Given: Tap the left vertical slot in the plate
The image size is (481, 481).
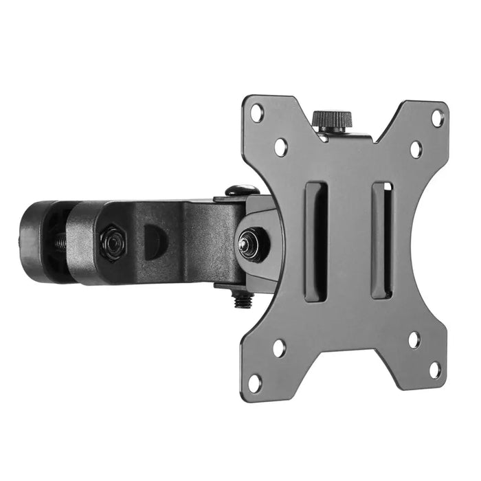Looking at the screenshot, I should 315,240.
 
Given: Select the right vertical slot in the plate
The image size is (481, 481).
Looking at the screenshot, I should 382,240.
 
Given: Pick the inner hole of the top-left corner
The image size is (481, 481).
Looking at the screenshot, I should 280,146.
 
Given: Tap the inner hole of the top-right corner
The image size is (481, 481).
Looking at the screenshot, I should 416,148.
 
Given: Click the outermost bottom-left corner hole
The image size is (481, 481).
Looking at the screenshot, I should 255,382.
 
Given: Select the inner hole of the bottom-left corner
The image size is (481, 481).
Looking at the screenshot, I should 279,347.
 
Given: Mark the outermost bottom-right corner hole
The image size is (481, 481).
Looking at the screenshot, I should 434,370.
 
